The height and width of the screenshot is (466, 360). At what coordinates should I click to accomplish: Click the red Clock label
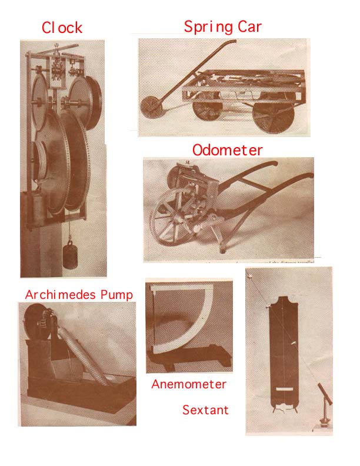point(62,28)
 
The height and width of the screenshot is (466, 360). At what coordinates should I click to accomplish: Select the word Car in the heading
point(249,26)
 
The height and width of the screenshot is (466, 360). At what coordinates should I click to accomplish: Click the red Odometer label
point(228,150)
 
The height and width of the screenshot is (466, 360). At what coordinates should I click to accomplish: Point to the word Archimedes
point(61,295)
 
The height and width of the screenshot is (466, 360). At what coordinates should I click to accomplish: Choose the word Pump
point(116,295)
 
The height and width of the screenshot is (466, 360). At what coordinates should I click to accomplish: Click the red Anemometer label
point(189,384)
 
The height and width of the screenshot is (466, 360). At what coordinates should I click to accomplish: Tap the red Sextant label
point(205,410)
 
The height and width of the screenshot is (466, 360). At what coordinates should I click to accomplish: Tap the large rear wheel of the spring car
point(274,116)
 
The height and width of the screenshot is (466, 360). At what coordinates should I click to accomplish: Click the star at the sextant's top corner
point(250,276)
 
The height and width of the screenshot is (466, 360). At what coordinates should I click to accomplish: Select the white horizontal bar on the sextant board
point(285,388)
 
